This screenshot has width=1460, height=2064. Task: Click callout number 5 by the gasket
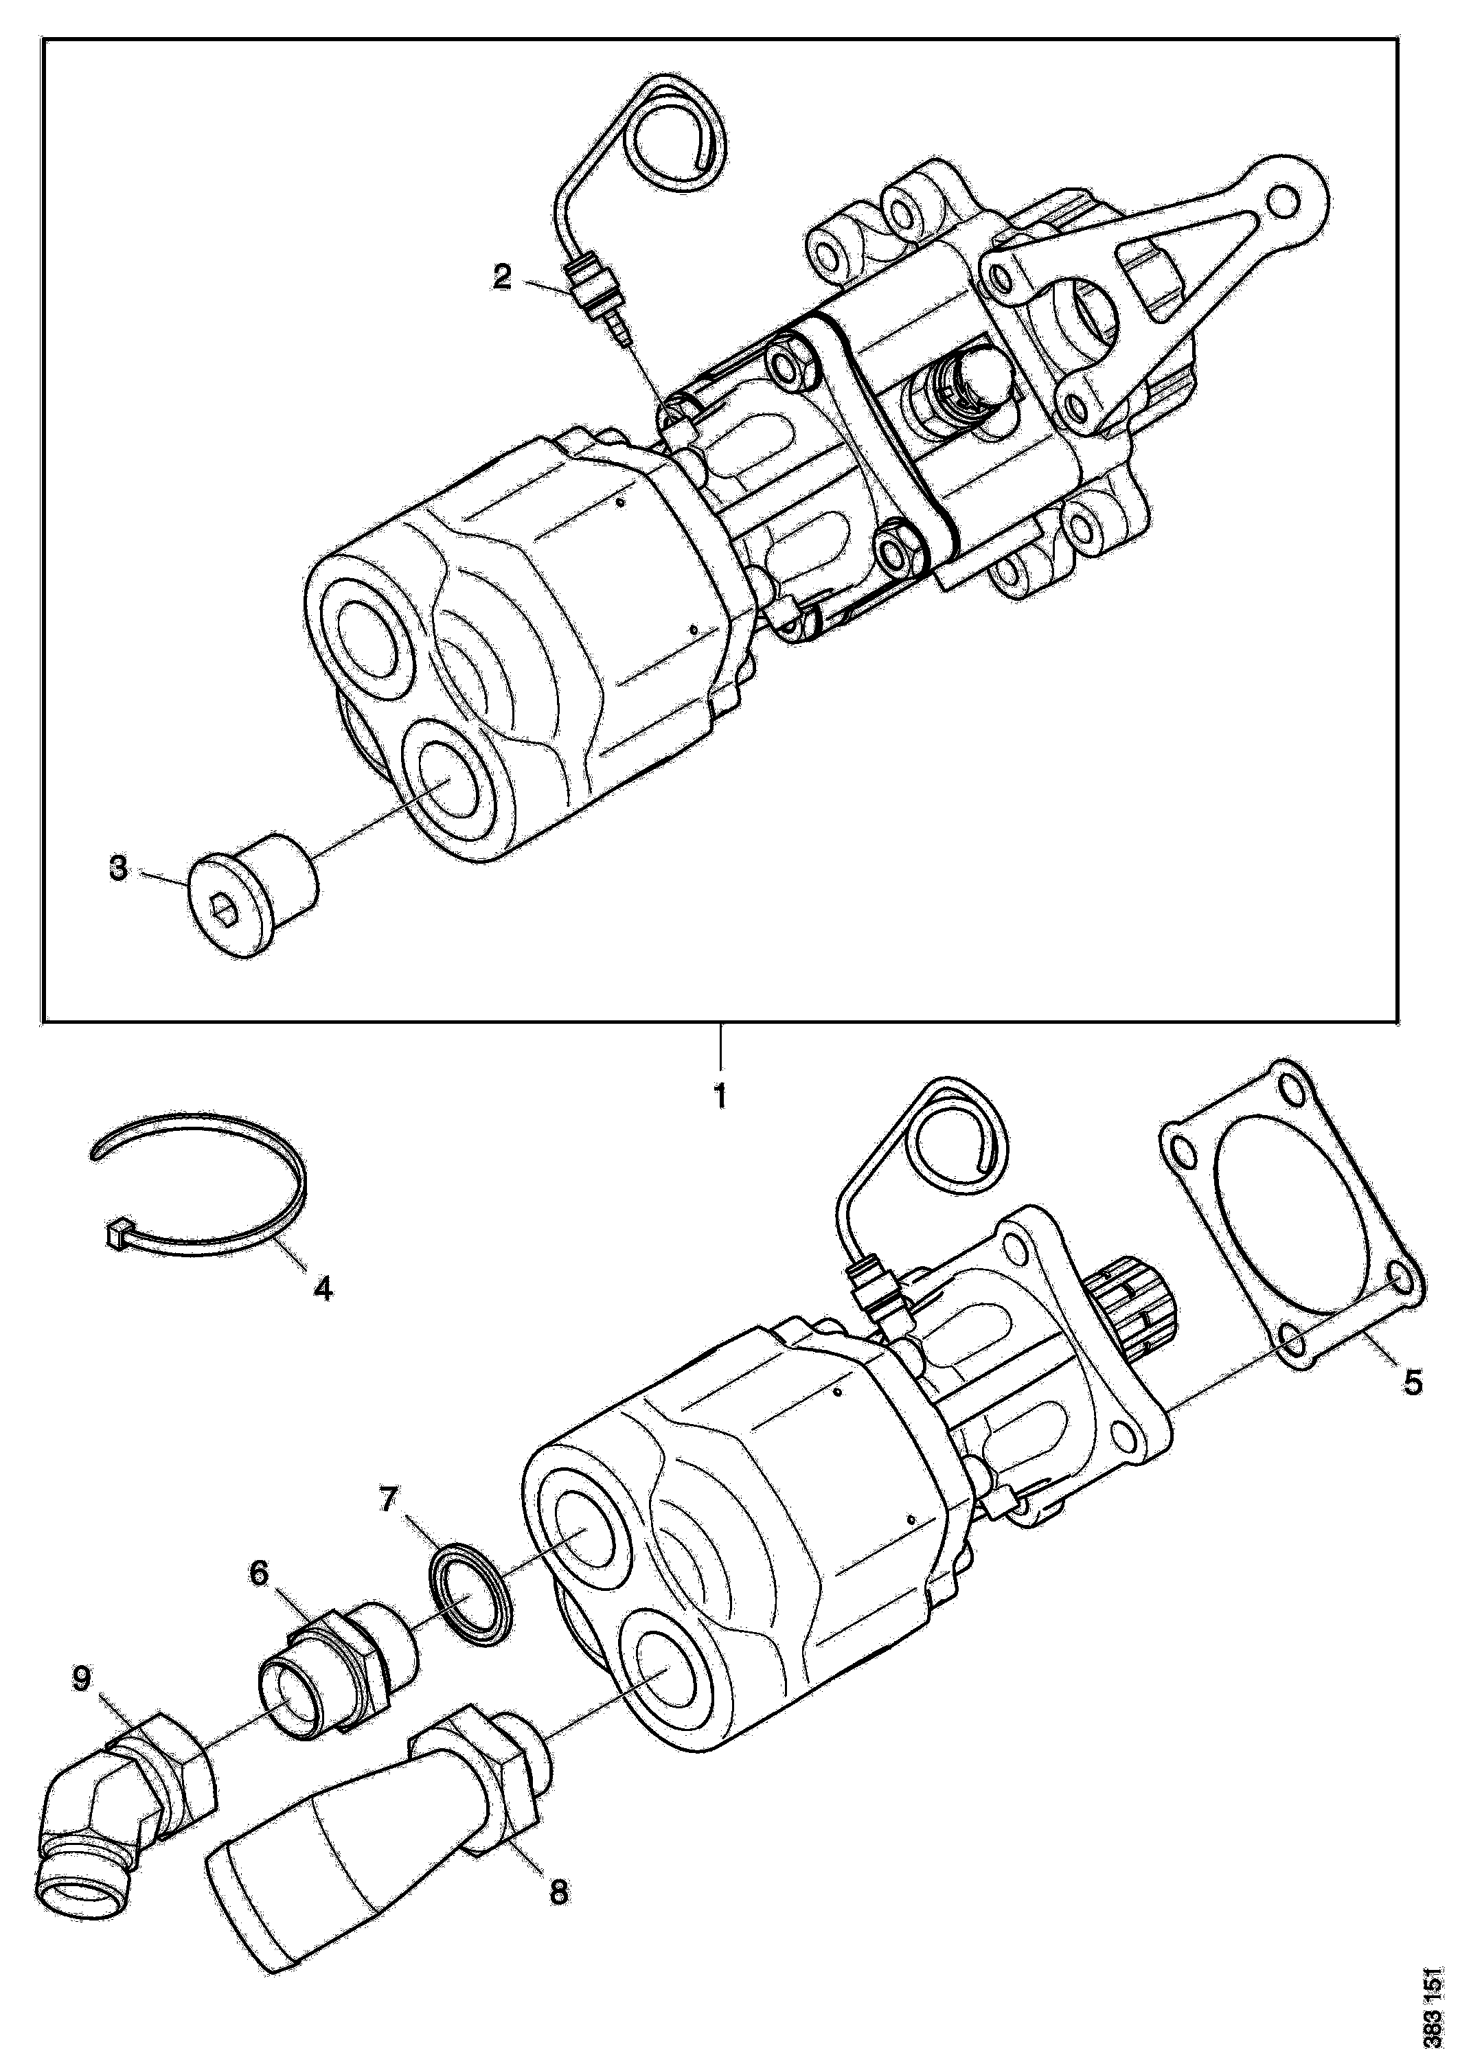(x=1413, y=1381)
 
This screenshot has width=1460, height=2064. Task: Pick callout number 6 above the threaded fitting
(x=259, y=1574)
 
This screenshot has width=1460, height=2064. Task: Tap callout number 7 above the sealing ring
(x=387, y=1500)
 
